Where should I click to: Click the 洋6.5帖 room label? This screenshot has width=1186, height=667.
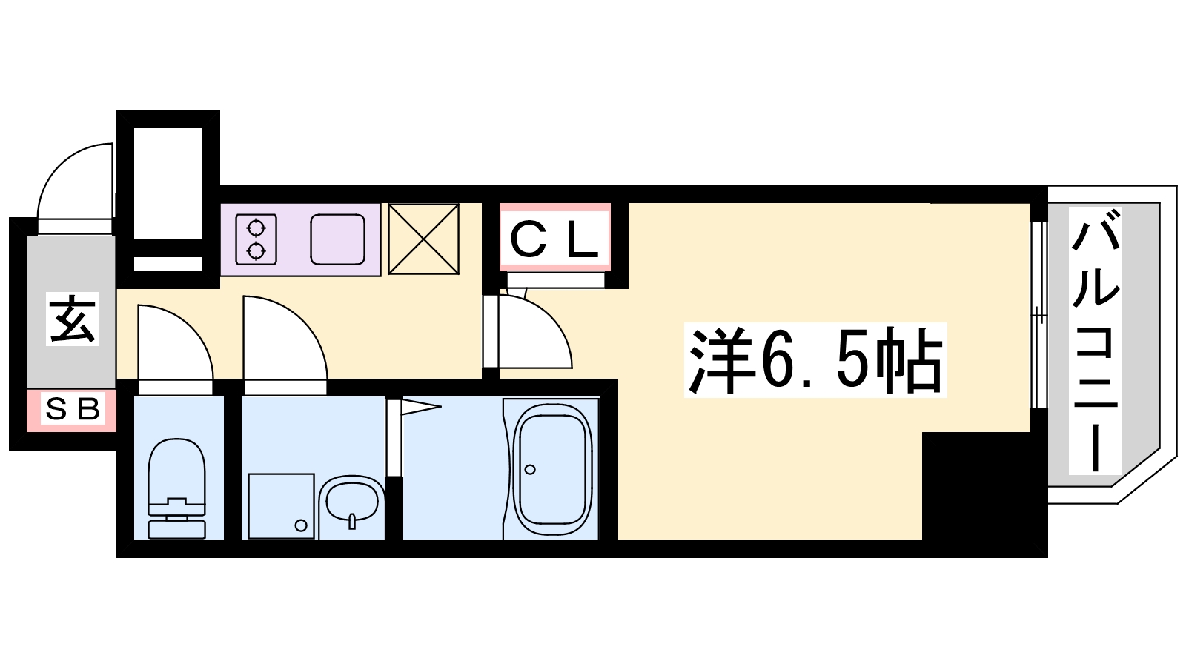click(x=815, y=360)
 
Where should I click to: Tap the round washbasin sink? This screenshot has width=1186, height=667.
click(x=352, y=500)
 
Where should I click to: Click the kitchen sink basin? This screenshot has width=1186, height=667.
click(x=338, y=239)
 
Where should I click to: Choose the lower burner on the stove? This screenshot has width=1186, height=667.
click(x=256, y=251)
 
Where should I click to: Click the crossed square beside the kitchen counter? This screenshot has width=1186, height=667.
click(x=423, y=239)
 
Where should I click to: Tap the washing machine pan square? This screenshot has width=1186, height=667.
click(x=281, y=506)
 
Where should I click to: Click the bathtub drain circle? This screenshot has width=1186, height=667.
click(x=530, y=469)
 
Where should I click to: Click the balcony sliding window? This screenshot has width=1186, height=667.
click(x=1039, y=316)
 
